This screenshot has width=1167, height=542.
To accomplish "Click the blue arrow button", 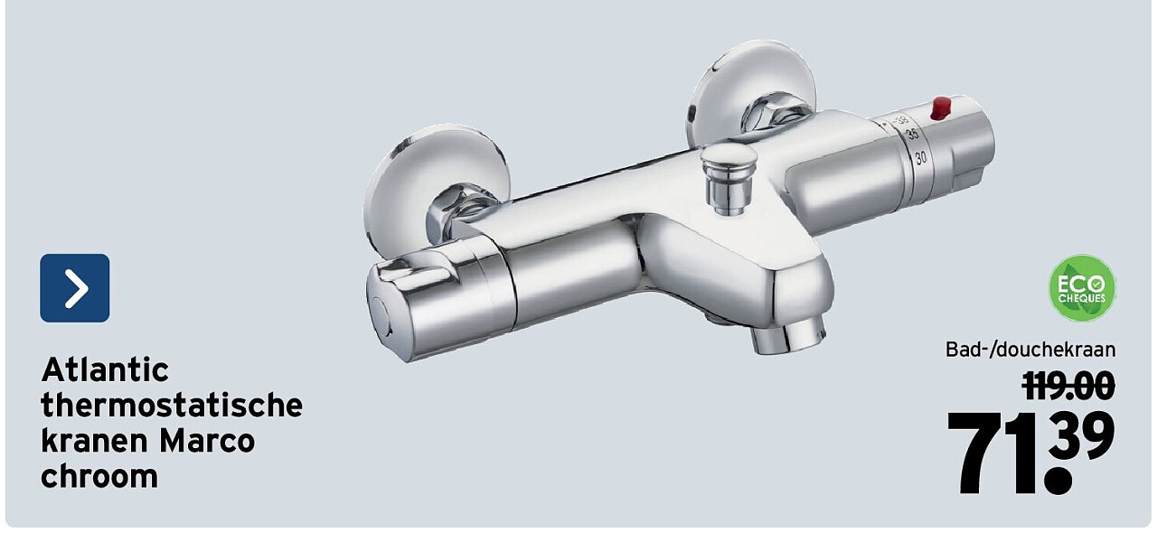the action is [74, 288].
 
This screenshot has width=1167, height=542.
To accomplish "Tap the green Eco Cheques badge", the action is [1081, 288].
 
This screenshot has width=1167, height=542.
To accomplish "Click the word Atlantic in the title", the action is [105, 370].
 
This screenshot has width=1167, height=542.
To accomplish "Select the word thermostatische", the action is [172, 406].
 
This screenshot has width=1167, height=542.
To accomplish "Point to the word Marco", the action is [207, 441].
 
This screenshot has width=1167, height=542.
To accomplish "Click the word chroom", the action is [99, 476].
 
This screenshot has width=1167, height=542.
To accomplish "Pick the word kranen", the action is [94, 441].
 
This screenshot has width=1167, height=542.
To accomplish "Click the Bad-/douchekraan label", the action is [1031, 350].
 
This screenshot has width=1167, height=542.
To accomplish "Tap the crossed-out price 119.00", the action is [1068, 386].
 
